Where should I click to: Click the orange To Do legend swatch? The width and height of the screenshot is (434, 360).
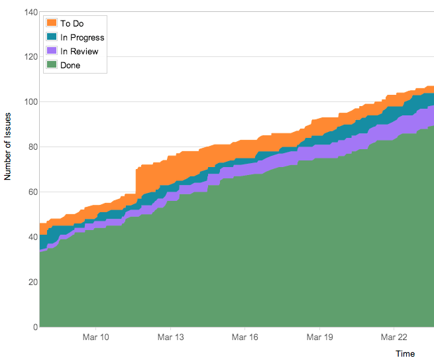pos(52,23)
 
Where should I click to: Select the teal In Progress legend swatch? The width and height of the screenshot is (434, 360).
pos(52,37)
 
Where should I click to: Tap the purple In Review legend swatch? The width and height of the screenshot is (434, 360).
pos(52,51)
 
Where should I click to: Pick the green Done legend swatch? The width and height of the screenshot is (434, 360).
pos(52,65)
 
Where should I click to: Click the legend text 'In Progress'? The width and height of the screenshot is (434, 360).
pos(82,38)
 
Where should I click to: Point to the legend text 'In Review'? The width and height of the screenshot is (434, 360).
pos(79,52)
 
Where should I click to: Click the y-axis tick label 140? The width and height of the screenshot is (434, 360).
pos(28,12)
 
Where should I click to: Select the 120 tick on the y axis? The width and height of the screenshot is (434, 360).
pos(28,57)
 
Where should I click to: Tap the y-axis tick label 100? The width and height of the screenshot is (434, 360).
pos(28,102)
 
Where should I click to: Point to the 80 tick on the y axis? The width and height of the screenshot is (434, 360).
pos(30,147)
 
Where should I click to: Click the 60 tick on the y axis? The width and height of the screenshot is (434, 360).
pos(30,192)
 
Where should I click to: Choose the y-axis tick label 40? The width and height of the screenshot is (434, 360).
pos(30,237)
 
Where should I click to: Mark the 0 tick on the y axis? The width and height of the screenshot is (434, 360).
pos(33,327)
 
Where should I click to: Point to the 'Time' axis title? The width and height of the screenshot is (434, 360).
pos(405,354)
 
